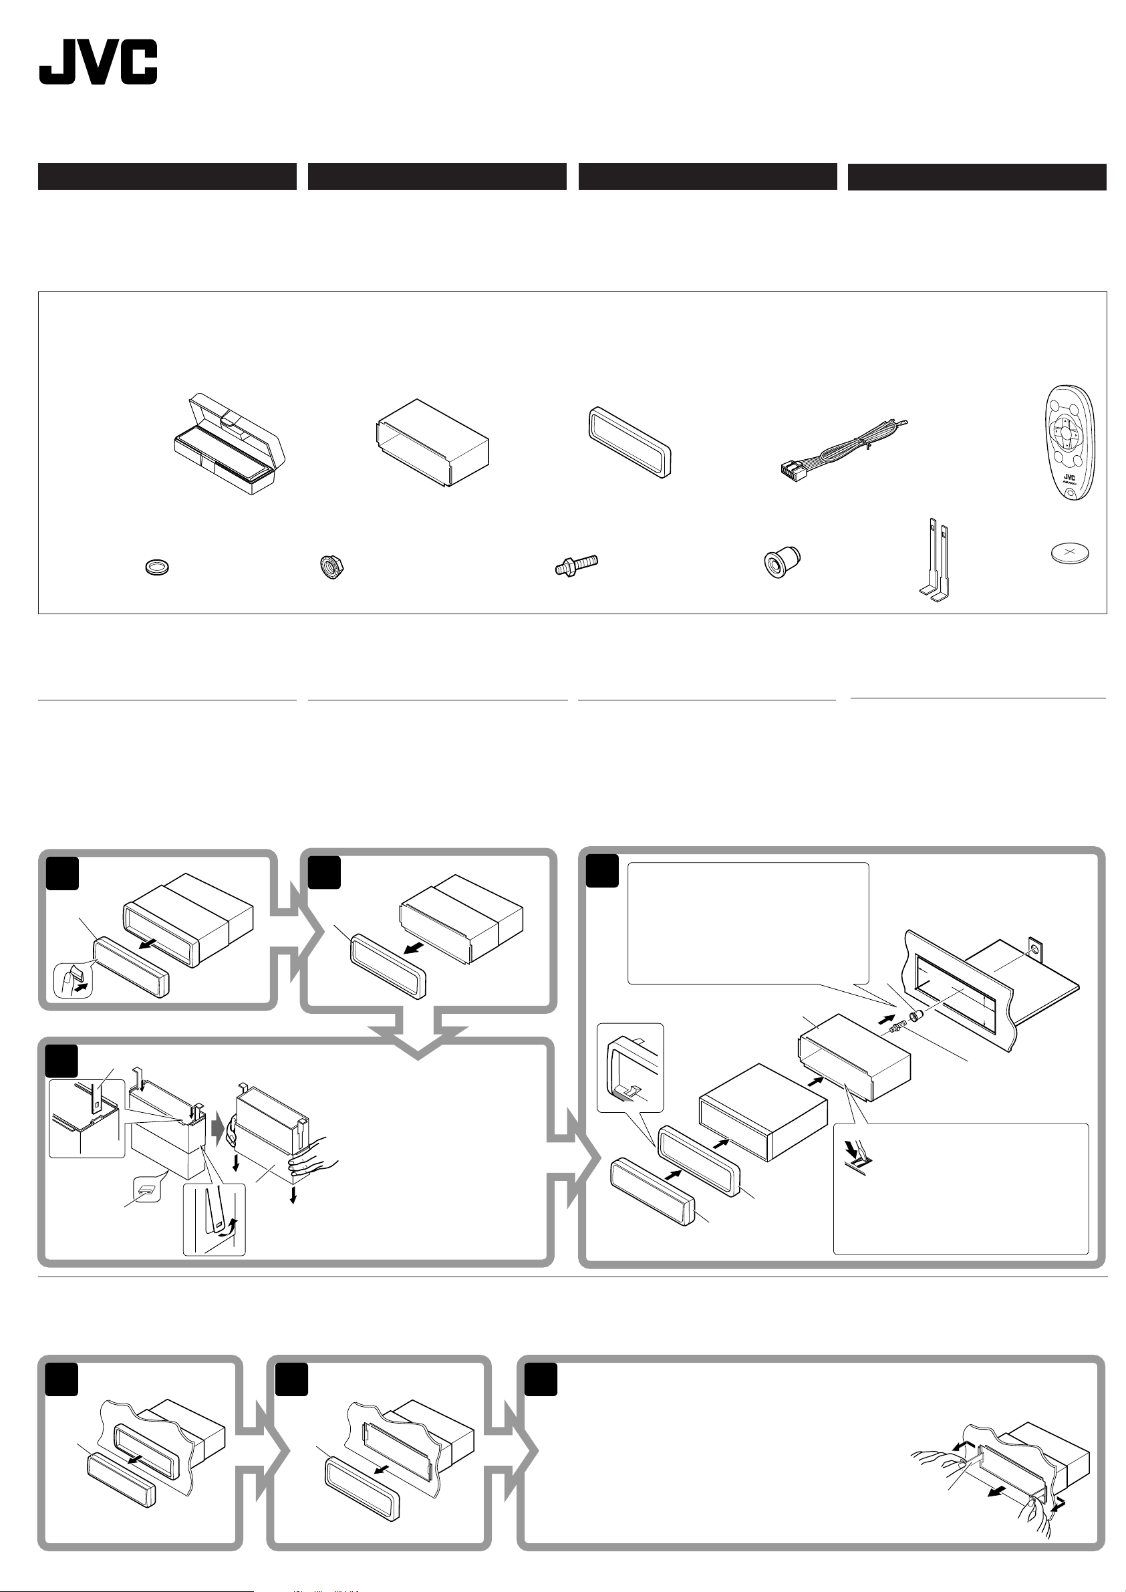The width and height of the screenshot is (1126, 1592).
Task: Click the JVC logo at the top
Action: coord(98,61)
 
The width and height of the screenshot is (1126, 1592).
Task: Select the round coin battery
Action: coord(1071,553)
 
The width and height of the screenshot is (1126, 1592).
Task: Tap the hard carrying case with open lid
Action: coord(229,444)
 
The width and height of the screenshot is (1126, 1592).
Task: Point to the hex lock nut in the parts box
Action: coord(332,567)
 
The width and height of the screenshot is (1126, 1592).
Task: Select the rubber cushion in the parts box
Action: coord(781,562)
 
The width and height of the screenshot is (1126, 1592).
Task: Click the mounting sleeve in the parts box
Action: coord(432,443)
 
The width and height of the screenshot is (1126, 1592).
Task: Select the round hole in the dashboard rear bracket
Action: coord(1035,948)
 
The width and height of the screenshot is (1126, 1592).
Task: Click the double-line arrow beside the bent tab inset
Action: coord(855,1148)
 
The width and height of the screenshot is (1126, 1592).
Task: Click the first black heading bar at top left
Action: coord(167,176)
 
